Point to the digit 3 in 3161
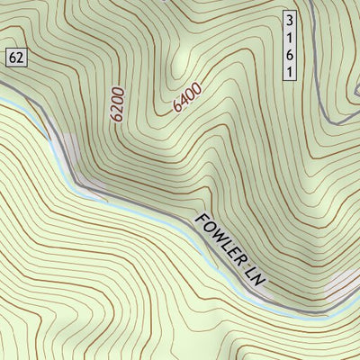[x=289, y=19]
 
